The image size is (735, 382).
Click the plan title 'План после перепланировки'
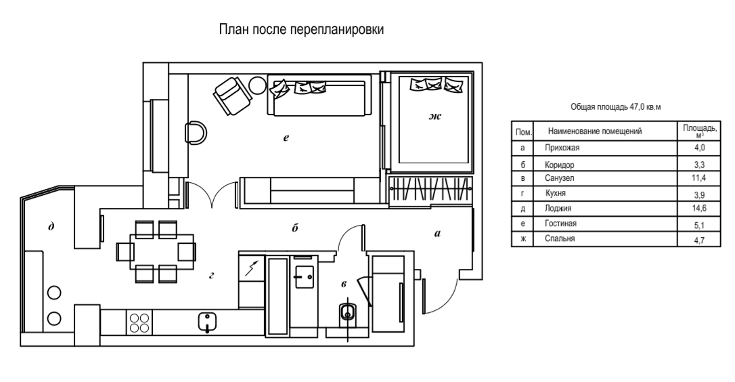301,30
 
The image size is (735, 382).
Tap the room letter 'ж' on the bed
435,116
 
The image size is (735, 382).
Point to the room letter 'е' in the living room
286,137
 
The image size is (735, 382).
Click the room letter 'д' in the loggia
51,227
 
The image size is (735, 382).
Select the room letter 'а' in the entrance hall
437,233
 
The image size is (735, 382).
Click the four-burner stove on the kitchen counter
139,322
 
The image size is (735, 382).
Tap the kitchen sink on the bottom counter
207,322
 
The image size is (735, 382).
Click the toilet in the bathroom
347,313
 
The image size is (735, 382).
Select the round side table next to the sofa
257,85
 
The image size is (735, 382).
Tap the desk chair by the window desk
196,133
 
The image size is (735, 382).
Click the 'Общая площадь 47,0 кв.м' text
615,107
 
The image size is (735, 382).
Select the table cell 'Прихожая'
562,148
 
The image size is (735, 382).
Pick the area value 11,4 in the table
699,178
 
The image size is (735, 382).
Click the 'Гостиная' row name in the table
560,224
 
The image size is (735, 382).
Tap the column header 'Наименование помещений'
594,131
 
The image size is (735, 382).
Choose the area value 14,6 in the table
699,209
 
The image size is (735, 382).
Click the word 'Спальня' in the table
560,238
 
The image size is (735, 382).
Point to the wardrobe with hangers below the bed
431,191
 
